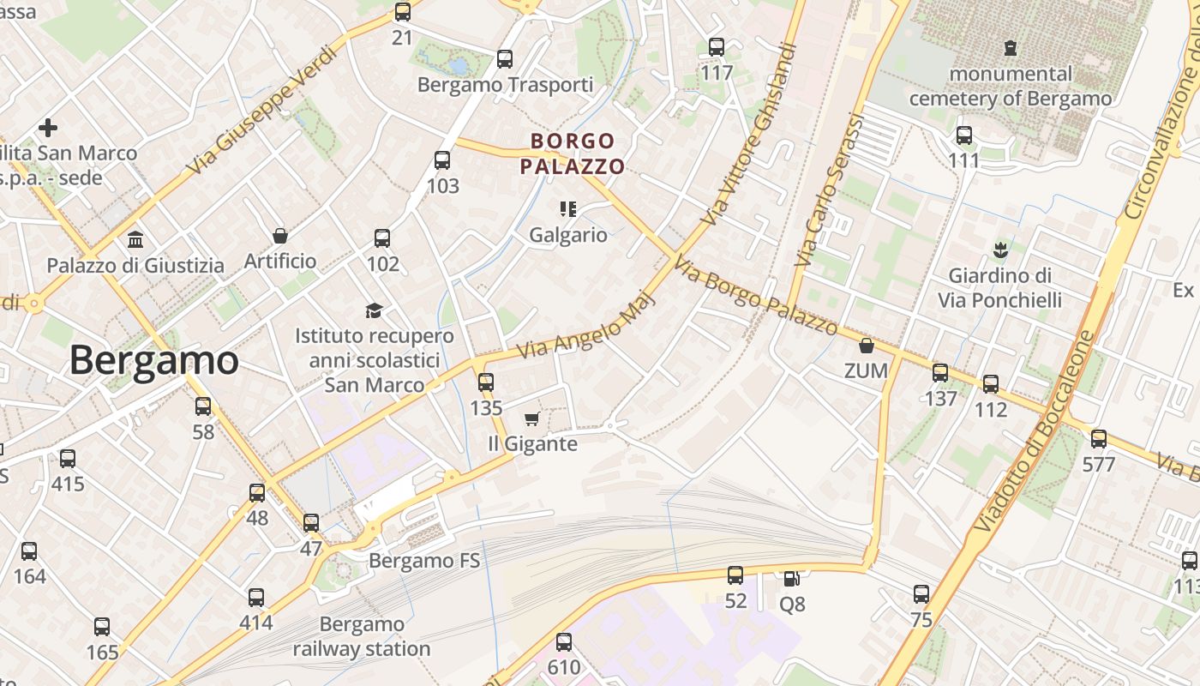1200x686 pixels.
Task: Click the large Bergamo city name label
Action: coord(153,360)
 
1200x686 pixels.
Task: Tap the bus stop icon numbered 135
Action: coord(486,382)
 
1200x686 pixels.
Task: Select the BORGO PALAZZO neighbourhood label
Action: coord(573,153)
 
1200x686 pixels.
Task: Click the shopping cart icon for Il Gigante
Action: coord(531,419)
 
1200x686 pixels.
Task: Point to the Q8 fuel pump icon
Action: coord(790,579)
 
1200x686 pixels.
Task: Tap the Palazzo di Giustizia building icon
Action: coord(135,239)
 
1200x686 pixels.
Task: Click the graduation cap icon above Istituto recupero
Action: coord(374,310)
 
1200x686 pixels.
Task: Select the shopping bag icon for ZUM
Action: coord(867,346)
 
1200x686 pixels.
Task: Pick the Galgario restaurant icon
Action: coord(567,208)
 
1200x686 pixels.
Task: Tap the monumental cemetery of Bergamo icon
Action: coord(1011,48)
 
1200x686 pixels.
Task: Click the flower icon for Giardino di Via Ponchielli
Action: coord(999,250)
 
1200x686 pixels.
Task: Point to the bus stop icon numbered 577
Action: coord(1099,440)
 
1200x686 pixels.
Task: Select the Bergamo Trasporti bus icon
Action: coord(505,59)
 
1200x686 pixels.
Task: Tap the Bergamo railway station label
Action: coord(362,636)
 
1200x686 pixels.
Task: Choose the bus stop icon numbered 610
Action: coord(563,642)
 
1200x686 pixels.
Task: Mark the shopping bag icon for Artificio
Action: coord(280,236)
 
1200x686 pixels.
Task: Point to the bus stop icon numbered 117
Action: coord(717,48)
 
